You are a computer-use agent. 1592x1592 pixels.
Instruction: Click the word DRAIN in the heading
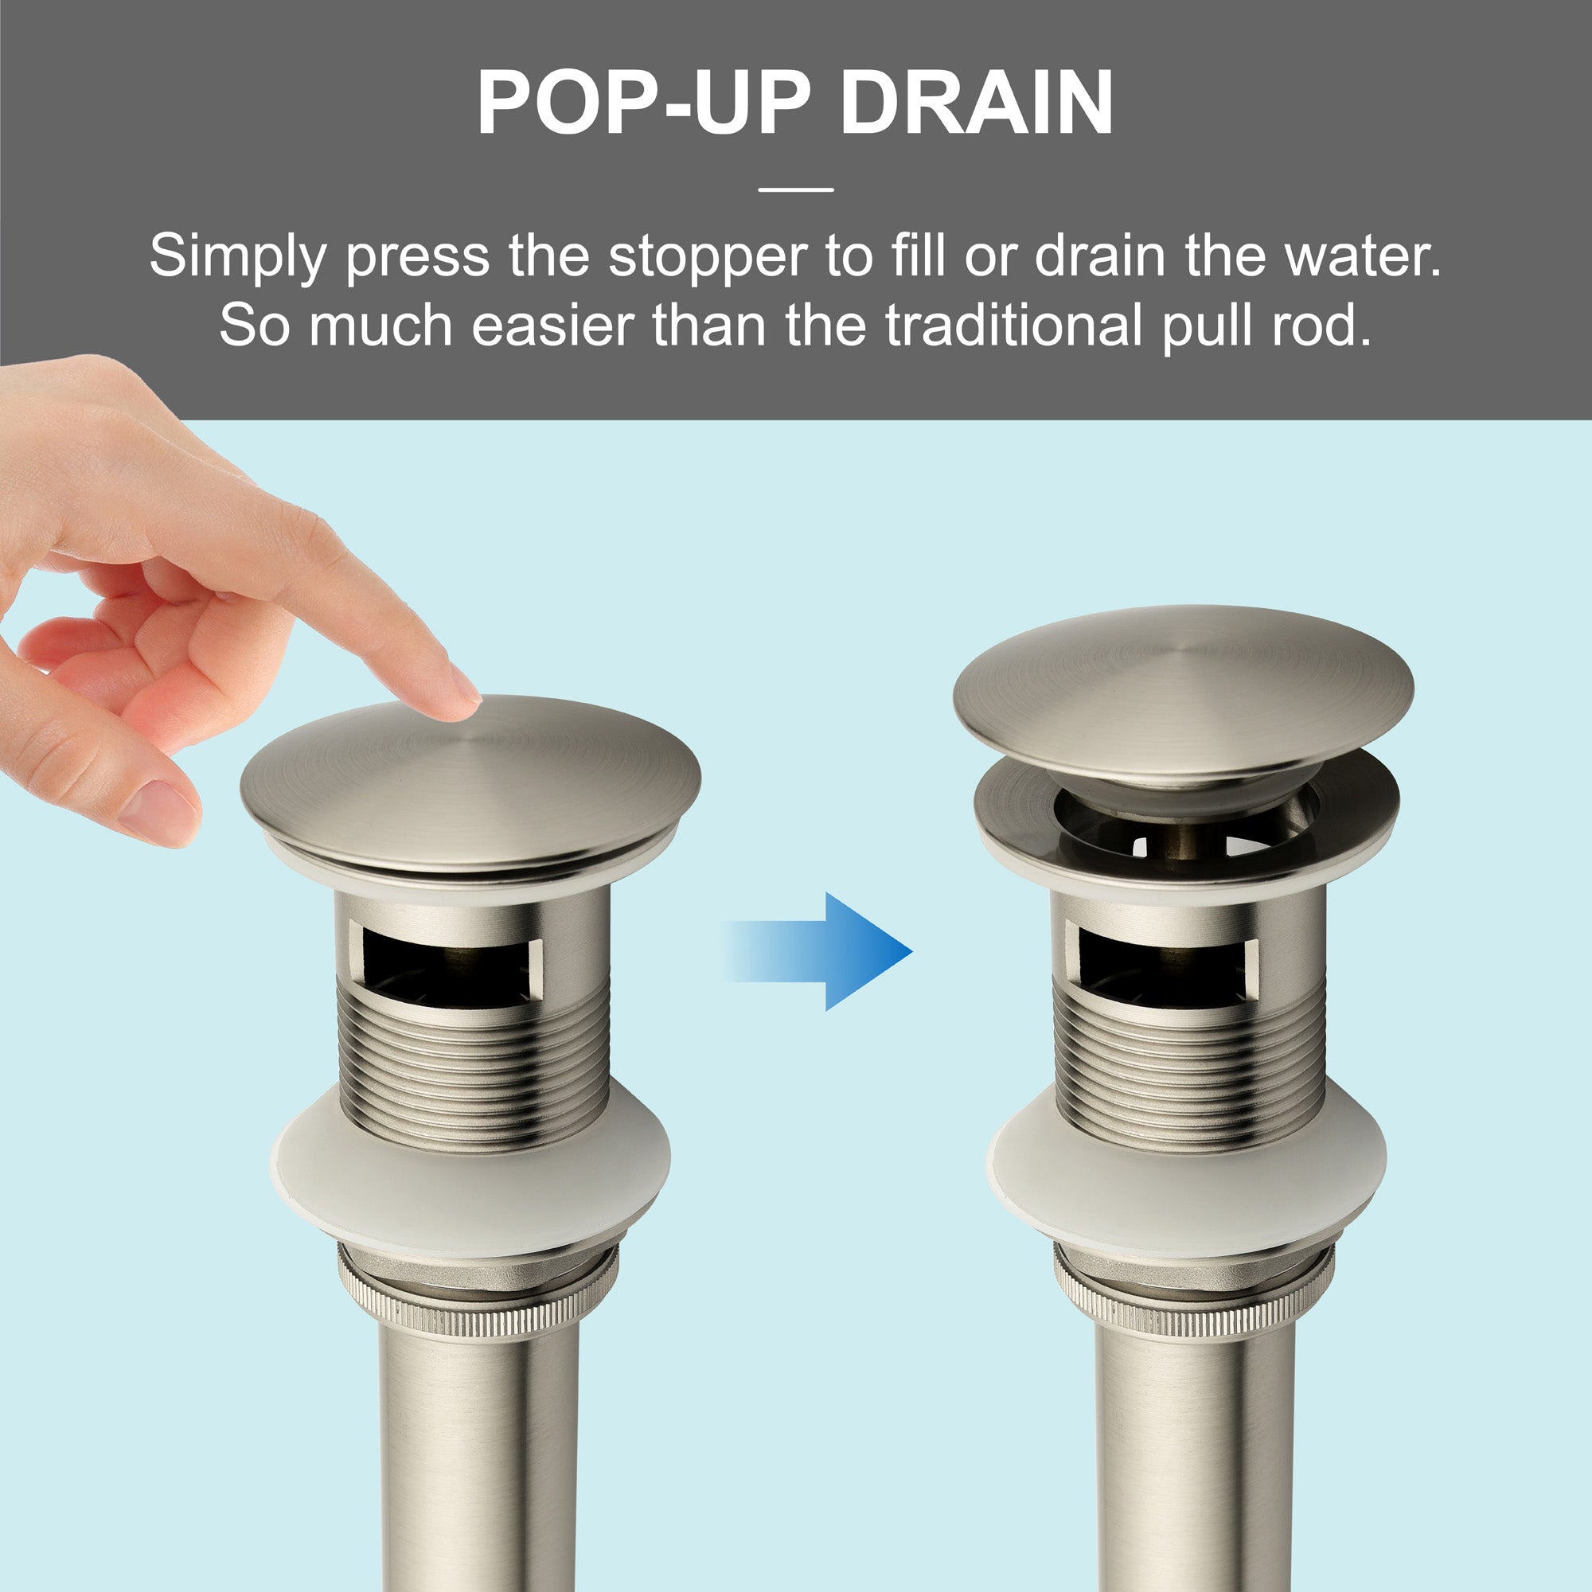[x=977, y=103]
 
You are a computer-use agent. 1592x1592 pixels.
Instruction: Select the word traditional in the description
[x=1013, y=326]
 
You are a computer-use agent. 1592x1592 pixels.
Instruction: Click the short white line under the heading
[x=795, y=189]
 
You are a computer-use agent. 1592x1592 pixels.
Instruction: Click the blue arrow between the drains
[x=817, y=951]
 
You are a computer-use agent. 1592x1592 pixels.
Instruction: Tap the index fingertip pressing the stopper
[x=458, y=701]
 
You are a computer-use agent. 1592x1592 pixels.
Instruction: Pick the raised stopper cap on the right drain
[x=1184, y=693]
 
